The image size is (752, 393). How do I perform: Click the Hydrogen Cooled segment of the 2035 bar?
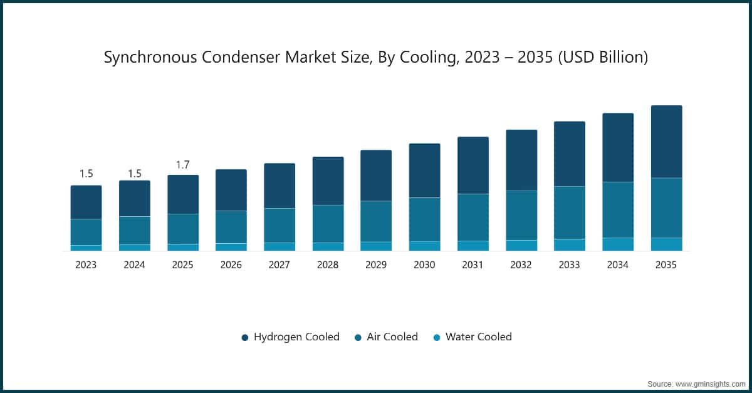(666, 142)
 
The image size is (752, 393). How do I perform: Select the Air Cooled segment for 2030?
(424, 219)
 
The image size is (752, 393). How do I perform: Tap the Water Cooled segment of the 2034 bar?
(618, 244)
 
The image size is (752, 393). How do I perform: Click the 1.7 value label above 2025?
(182, 165)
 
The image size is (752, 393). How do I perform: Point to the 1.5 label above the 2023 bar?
(86, 174)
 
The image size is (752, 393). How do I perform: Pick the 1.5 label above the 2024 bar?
(134, 174)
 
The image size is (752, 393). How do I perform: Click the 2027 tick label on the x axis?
(279, 265)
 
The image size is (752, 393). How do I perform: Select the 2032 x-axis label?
(521, 265)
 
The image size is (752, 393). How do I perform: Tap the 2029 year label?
(376, 265)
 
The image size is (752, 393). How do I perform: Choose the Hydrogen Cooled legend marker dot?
(245, 338)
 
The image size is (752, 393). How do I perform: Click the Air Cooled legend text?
(392, 337)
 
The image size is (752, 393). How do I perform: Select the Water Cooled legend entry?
(478, 337)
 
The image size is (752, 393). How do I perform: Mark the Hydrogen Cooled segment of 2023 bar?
(86, 202)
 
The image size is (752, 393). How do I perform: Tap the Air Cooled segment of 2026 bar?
(231, 227)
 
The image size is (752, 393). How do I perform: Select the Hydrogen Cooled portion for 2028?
(328, 181)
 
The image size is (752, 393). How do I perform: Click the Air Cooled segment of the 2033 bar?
(570, 212)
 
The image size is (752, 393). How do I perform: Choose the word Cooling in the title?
(412, 58)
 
